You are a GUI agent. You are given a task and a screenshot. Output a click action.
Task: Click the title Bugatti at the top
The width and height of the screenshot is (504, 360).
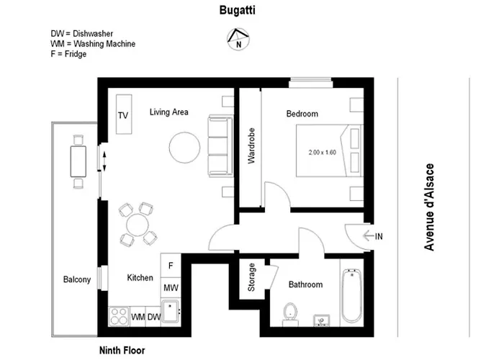click(237, 10)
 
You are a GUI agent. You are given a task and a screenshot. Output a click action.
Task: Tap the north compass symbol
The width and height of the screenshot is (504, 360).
click(238, 39)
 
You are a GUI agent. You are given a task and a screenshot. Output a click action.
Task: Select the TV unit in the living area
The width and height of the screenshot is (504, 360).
click(124, 114)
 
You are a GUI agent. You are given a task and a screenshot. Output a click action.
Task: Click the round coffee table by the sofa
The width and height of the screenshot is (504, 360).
click(184, 148)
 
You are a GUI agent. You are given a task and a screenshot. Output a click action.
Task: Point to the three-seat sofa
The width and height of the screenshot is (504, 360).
click(220, 146)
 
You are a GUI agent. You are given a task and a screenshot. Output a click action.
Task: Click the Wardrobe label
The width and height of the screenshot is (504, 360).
click(251, 146)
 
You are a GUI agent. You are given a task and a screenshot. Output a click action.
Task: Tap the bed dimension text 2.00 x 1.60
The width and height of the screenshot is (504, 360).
click(322, 153)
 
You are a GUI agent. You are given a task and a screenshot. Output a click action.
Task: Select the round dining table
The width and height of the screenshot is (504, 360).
click(138, 225)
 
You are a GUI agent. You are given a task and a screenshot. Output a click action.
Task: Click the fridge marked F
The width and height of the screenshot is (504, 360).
click(171, 265)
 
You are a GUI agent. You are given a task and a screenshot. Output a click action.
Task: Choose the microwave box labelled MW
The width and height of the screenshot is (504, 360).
click(171, 288)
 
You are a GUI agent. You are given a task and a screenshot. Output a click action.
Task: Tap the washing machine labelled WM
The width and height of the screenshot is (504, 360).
click(138, 317)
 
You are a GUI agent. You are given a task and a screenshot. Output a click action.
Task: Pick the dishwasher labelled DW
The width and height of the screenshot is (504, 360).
click(153, 317)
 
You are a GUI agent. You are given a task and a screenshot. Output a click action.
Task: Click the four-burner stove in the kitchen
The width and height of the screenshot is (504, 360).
click(119, 317)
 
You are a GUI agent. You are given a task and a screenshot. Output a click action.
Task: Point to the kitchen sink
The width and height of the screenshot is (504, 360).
click(170, 311)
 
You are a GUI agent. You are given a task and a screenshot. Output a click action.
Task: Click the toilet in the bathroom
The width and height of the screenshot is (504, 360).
click(291, 314)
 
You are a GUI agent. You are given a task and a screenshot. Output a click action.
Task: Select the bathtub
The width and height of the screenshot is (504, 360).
click(351, 295)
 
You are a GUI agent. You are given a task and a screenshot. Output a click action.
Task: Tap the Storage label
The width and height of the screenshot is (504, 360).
click(251, 277)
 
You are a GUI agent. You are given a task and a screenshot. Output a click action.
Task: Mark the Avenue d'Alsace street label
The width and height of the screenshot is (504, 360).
click(429, 207)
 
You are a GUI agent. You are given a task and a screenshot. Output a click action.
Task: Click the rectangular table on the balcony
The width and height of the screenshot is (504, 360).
click(78, 161)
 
